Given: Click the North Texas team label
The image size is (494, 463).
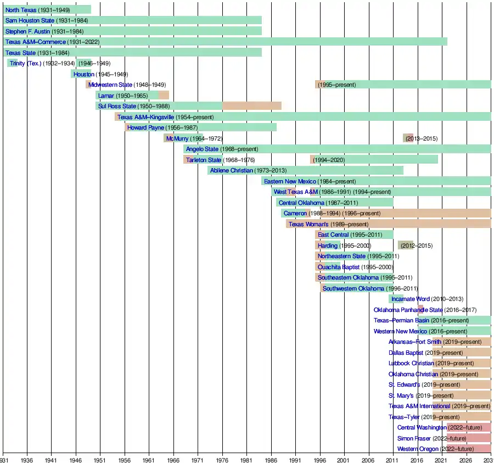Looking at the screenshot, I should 21,10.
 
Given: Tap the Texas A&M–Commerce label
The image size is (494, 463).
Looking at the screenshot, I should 35,42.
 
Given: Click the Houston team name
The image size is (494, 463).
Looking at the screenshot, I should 83,74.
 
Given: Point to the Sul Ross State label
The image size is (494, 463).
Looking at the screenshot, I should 117,106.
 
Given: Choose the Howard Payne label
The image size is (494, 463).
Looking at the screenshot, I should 145,127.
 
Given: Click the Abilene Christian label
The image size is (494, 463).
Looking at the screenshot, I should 232,170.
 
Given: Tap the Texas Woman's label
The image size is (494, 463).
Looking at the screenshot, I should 308,224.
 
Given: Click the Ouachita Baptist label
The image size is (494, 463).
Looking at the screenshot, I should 339,267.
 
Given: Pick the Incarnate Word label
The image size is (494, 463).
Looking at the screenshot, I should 411,299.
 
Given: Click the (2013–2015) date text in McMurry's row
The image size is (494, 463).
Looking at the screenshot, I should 422,138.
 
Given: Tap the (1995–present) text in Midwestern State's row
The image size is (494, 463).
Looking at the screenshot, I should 336,85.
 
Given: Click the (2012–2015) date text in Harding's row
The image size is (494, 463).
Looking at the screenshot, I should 417,246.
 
